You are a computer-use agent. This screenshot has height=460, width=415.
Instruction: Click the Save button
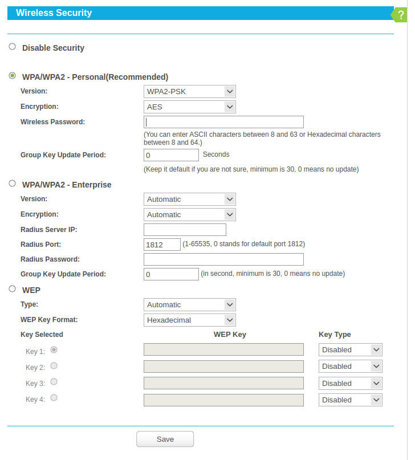coord(165,439)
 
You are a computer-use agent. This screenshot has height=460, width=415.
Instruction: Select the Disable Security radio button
coord(13,47)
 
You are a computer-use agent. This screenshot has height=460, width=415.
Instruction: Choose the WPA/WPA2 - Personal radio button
coord(13,76)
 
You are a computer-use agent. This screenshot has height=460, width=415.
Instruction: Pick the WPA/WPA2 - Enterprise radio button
coord(13,184)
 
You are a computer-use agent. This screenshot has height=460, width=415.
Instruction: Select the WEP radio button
coord(13,289)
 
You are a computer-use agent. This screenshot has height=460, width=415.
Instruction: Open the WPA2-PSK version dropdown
coord(190,91)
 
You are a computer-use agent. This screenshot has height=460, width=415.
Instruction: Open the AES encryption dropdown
coord(190,107)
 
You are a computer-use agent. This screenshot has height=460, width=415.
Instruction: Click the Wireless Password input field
coord(223,122)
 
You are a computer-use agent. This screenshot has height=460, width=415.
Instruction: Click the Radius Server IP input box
coord(185,230)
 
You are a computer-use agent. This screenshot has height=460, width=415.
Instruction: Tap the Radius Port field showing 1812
coord(162,245)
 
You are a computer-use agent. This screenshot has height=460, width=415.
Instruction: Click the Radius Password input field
coord(223,259)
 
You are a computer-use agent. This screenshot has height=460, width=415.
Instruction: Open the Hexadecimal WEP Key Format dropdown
coord(190,320)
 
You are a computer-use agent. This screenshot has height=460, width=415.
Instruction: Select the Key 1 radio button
coord(54,349)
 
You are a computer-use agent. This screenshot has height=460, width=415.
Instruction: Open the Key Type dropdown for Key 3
coord(350,383)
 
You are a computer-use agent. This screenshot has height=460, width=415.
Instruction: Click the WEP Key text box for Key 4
coord(223,400)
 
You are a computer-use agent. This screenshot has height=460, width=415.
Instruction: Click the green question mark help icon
coord(401,15)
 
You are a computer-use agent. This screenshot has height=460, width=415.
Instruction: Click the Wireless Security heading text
coord(54,13)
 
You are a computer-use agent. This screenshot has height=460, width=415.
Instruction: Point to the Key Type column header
coord(335,335)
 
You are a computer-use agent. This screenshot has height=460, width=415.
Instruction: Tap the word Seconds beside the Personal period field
coord(216,154)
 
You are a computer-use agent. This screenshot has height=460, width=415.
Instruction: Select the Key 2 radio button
coord(54,366)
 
